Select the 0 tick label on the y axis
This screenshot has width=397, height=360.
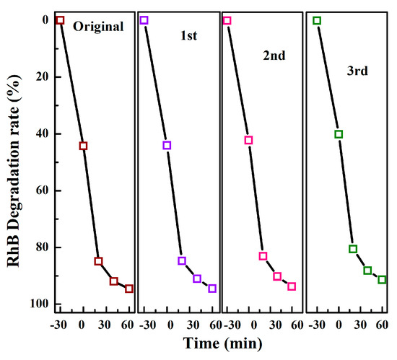click(42, 20)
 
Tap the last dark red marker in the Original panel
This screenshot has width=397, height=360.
click(129, 289)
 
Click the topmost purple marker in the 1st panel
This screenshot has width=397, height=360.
click(144, 20)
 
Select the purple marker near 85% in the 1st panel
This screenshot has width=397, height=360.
click(182, 260)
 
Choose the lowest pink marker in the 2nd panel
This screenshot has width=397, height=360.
click(292, 286)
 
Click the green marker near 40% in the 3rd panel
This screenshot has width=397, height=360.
click(339, 134)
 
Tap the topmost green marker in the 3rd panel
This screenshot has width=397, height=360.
click(317, 20)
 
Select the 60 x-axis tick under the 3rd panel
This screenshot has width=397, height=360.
click(383, 325)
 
